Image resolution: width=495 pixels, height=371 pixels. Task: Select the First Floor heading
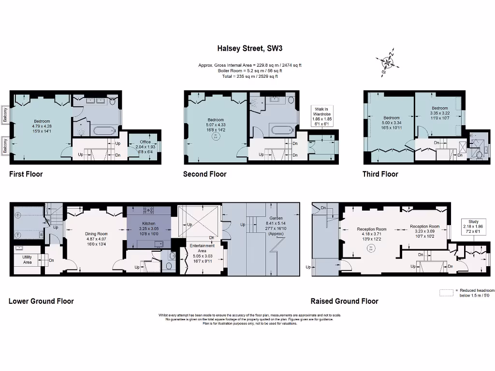click(26, 174)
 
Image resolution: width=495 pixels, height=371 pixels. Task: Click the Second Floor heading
click(204, 174)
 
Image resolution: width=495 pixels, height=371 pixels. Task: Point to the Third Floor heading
click(380, 174)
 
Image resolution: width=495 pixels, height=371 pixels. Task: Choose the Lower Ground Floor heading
click(41, 301)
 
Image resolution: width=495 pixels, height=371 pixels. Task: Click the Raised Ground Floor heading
click(344, 301)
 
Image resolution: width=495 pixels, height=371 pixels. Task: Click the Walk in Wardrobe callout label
click(322, 112)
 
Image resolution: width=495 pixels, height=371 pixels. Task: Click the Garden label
click(277, 218)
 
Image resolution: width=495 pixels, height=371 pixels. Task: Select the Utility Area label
click(28, 259)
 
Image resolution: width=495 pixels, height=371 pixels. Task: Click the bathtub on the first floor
click(103, 130)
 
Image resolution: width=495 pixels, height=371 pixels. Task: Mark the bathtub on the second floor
click(281, 130)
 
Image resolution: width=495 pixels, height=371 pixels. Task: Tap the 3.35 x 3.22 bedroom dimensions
click(439, 113)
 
